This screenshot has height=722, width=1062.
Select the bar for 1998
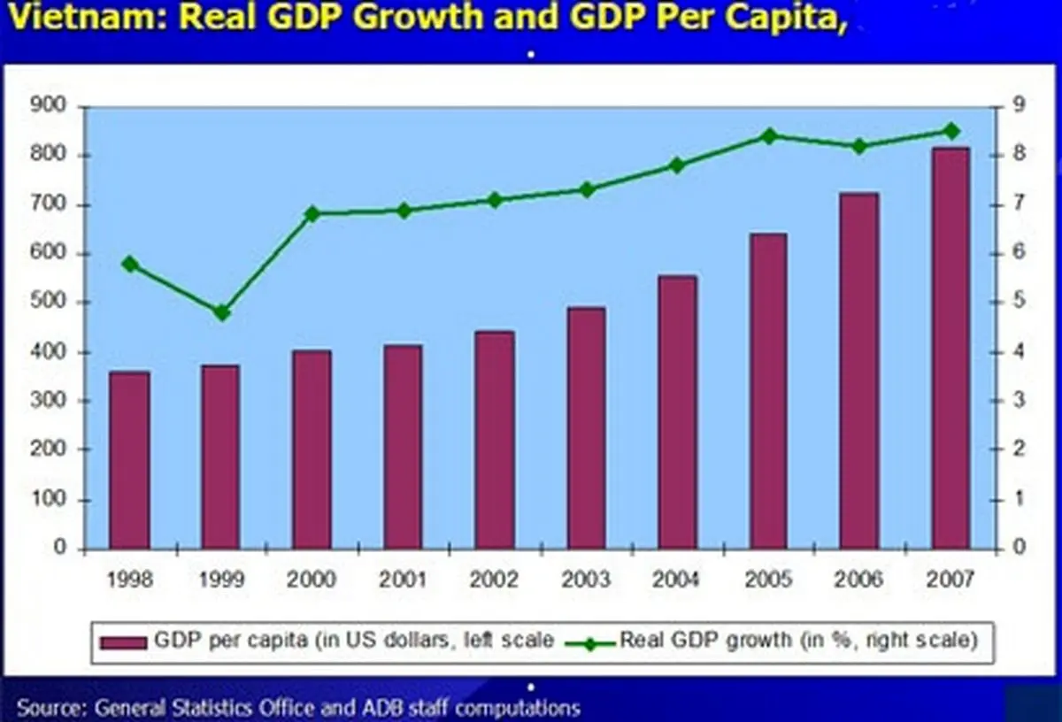tap(129, 460)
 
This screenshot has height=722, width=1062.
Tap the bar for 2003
tap(587, 428)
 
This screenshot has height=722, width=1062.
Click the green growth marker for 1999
tap(222, 313)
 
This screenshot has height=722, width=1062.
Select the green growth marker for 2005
tap(769, 136)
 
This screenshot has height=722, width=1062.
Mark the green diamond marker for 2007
tap(950, 131)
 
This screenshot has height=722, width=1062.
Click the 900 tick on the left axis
tap(49, 105)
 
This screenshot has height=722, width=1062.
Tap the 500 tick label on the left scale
tap(49, 303)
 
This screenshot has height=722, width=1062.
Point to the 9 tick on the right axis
tap(1019, 105)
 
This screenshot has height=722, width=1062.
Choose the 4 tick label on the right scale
tap(1019, 352)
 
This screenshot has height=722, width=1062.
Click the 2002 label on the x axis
tap(495, 580)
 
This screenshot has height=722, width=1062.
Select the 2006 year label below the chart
tap(859, 580)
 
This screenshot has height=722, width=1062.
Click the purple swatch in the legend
tap(124, 641)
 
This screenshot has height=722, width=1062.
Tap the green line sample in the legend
tap(588, 641)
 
